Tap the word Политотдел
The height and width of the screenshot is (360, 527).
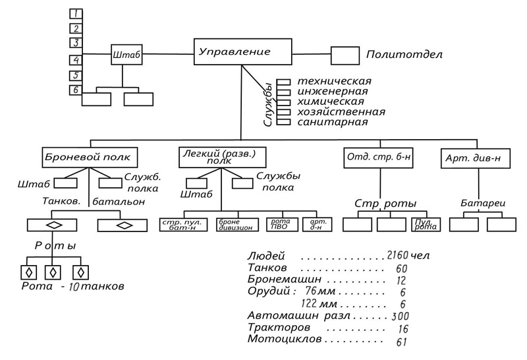tap(404, 55)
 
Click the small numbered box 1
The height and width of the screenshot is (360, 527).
tap(76, 13)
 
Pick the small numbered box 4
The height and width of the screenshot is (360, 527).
tap(76, 60)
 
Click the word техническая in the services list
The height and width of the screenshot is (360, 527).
tap(330, 81)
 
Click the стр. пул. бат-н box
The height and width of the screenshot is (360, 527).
tap(184, 225)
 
